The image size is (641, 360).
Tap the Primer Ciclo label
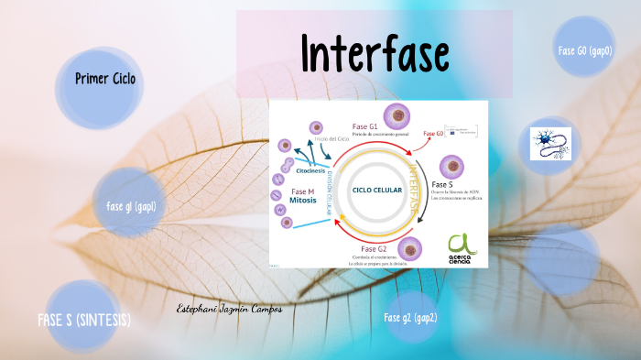(x=105, y=79)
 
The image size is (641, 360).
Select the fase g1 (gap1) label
(x=131, y=206)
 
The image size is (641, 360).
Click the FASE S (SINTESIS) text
(x=84, y=320)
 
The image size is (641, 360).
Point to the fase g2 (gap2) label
(x=410, y=318)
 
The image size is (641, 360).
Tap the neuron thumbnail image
(x=550, y=144)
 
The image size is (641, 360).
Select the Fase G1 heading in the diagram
(x=365, y=126)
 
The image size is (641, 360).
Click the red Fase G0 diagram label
(x=432, y=134)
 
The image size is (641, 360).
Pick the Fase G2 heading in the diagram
(x=375, y=249)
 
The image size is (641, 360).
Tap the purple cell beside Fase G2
(x=409, y=247)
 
